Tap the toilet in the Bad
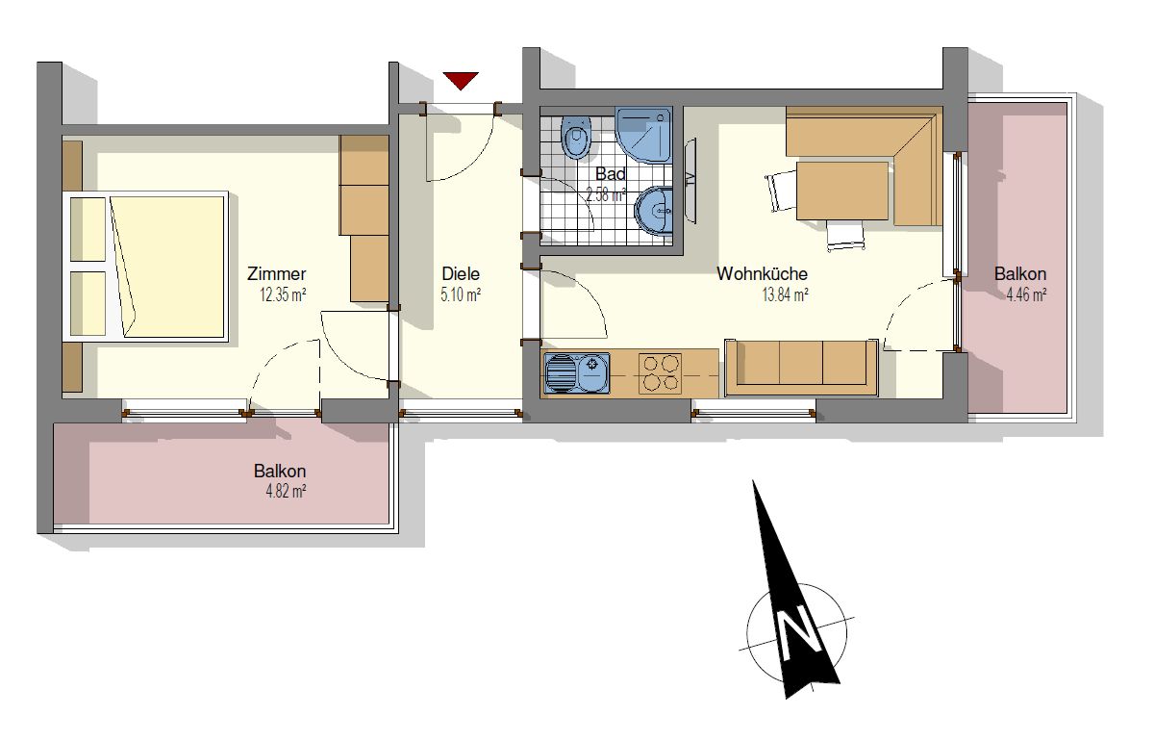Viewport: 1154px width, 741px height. (x=575, y=138)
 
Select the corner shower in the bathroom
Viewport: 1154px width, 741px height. (x=644, y=135)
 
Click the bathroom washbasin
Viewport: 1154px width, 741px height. (x=654, y=211)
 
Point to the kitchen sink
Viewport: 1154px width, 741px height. (x=577, y=373)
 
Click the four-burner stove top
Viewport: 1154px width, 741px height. (x=660, y=373)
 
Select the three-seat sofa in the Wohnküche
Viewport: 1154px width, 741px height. (x=801, y=368)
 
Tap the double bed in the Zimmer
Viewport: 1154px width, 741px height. (x=146, y=267)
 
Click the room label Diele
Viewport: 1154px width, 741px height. (x=461, y=273)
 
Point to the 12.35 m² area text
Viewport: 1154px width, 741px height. (x=283, y=295)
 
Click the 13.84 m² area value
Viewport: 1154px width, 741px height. (x=785, y=294)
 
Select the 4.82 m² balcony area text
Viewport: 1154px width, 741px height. (x=286, y=492)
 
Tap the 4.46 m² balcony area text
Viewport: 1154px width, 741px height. (x=1026, y=294)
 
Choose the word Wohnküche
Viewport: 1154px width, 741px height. (x=763, y=273)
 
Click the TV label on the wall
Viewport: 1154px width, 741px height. (x=690, y=180)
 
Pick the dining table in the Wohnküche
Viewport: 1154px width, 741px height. (x=841, y=191)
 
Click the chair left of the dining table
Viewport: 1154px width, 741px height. (x=781, y=191)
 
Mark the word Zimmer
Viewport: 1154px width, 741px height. (x=277, y=273)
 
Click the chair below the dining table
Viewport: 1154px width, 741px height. (x=845, y=236)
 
